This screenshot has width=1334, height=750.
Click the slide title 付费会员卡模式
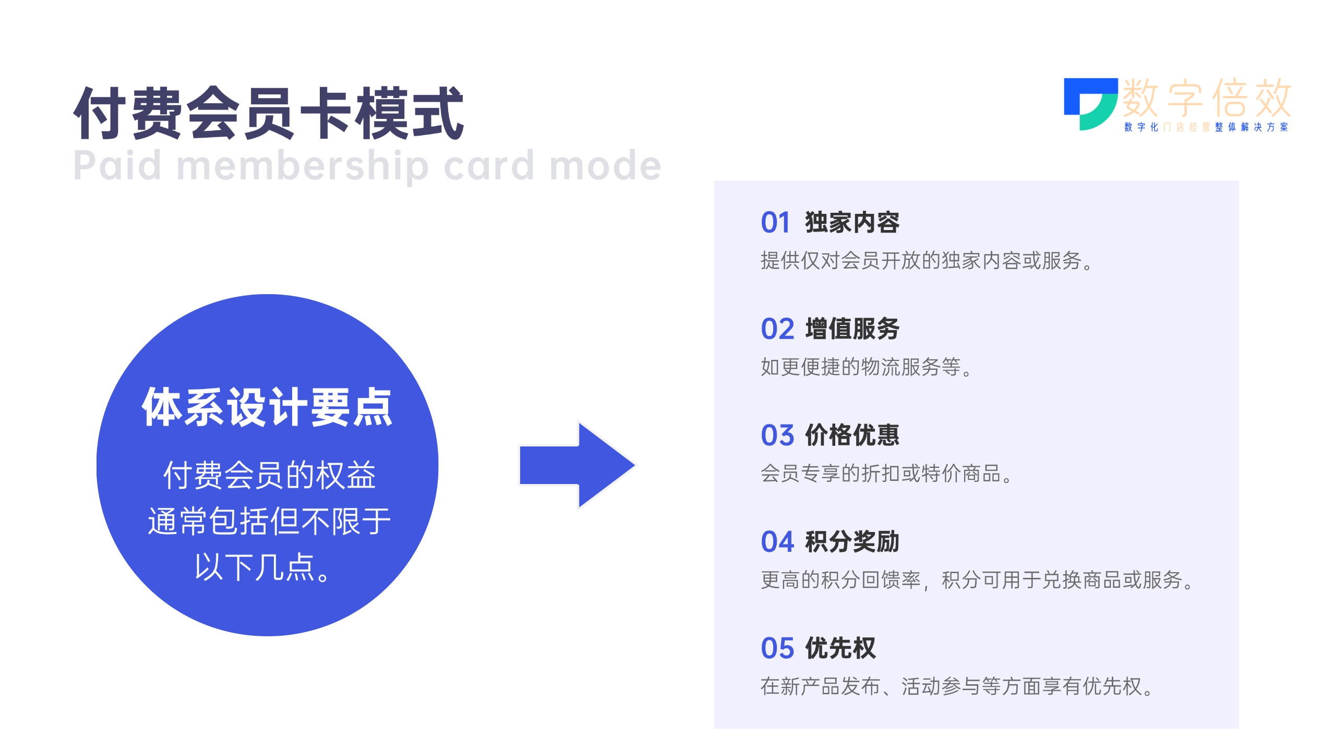[269, 113]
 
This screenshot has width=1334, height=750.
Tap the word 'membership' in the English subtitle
[303, 166]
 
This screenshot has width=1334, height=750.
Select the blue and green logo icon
[1090, 104]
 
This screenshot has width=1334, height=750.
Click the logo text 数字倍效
[1207, 98]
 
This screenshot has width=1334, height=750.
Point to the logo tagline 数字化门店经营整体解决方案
[1206, 127]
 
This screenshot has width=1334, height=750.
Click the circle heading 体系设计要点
[267, 407]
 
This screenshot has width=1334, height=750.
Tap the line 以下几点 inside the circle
[262, 567]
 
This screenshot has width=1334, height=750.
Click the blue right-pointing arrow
[577, 465]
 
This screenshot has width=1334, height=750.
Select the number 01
[775, 223]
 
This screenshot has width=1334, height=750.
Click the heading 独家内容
[852, 223]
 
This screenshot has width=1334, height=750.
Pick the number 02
[777, 329]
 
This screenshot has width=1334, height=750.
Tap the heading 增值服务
[852, 329]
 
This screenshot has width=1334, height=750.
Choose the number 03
[777, 436]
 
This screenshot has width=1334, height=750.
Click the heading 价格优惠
[852, 436]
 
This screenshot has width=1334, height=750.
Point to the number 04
[777, 542]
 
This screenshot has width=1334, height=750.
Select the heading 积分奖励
[852, 542]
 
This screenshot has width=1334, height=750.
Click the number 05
[777, 648]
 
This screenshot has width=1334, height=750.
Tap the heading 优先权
[840, 648]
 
